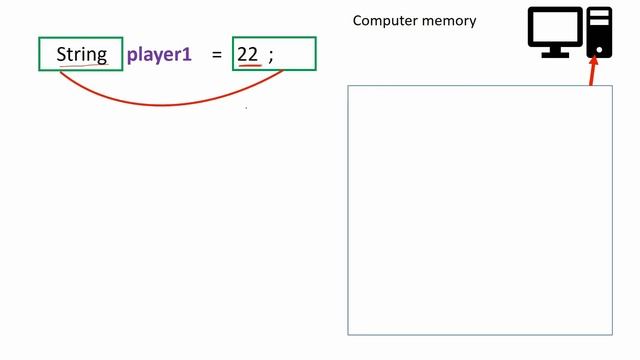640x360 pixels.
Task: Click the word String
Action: tap(81, 54)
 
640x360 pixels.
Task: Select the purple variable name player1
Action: tap(159, 54)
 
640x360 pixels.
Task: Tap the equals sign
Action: tap(216, 55)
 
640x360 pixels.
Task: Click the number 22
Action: tap(248, 54)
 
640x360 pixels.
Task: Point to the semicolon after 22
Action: tap(270, 56)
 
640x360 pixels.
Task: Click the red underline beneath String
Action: tap(82, 64)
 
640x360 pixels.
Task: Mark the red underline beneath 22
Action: tap(249, 66)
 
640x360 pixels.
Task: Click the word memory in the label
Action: tap(451, 21)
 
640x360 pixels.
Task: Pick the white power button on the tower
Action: tap(599, 47)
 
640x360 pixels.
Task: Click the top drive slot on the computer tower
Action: tap(599, 15)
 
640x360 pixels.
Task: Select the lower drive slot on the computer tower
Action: tap(599, 23)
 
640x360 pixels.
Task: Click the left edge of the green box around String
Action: tap(40, 54)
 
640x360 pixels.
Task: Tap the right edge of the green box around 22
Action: tap(315, 54)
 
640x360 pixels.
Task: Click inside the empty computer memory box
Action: tap(479, 210)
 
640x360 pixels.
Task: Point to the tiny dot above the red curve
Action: tap(247, 107)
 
